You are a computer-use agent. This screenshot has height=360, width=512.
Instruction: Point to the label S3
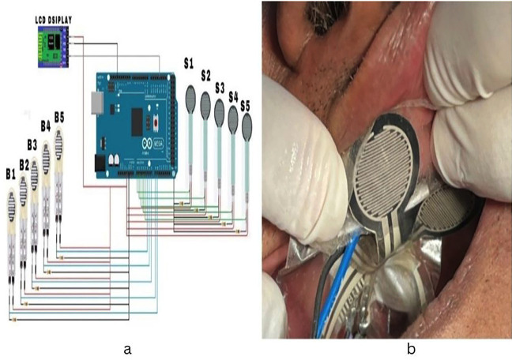coord(219,87)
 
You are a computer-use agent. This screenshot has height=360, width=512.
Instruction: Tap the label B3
coord(32,144)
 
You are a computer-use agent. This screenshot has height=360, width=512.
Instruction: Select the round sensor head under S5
coord(247,124)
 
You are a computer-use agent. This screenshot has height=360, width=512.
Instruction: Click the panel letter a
coord(126,348)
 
